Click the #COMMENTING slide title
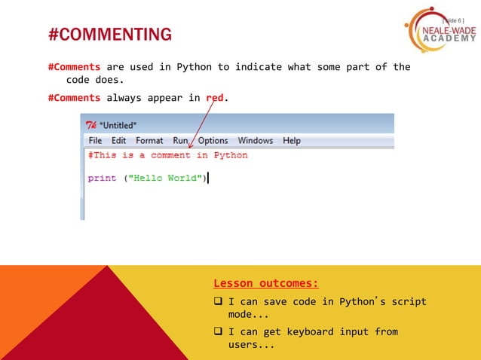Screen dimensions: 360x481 [109, 35]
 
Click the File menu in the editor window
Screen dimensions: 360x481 [95, 141]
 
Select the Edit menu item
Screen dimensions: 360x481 [118, 141]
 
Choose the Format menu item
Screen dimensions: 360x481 [149, 141]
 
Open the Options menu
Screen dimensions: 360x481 [213, 141]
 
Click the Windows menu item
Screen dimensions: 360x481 [255, 141]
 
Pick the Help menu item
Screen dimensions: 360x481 [291, 141]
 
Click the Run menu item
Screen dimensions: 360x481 [180, 141]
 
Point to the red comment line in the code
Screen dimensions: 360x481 [167, 156]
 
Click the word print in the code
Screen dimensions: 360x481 [102, 178]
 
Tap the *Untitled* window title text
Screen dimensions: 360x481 [118, 125]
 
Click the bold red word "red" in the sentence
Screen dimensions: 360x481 [215, 98]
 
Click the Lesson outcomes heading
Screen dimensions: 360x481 [266, 284]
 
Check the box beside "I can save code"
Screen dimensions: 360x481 [218, 302]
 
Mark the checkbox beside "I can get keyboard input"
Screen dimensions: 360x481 [218, 332]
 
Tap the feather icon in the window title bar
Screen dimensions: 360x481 [90, 125]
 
